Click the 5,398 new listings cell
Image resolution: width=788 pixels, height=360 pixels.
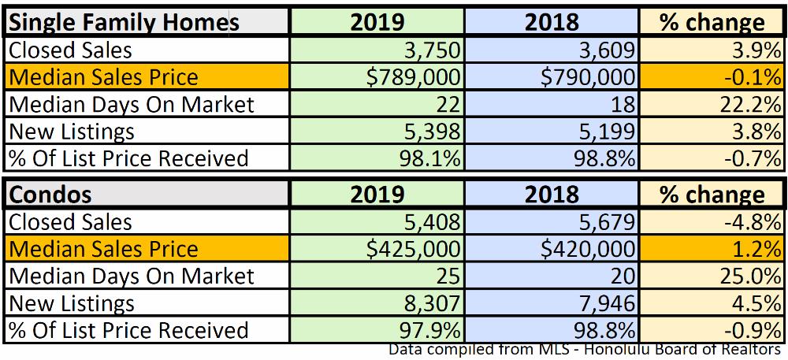[430, 131]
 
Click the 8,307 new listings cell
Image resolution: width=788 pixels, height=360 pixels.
[430, 303]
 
